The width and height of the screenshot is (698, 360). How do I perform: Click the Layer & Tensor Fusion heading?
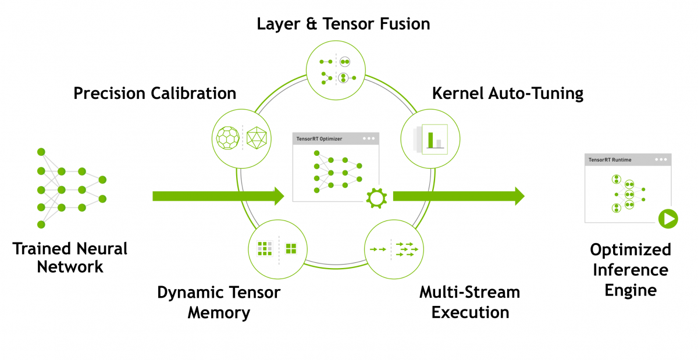344,24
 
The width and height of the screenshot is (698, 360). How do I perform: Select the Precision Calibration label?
155,93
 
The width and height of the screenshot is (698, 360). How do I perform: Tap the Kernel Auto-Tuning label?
507,93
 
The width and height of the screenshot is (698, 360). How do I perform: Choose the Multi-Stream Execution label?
470,301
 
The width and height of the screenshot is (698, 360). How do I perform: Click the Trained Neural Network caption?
70,258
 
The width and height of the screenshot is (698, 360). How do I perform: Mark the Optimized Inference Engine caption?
631,270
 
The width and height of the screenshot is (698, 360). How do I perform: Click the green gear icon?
376,198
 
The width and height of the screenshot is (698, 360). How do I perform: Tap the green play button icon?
668,219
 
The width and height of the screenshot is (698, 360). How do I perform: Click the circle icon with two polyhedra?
241,137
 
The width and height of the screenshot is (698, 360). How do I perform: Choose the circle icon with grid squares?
277,248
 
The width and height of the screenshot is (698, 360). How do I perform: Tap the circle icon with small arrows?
393,249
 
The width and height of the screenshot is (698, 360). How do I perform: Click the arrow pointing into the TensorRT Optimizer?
218,196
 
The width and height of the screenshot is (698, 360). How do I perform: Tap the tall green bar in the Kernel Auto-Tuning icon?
431,140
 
